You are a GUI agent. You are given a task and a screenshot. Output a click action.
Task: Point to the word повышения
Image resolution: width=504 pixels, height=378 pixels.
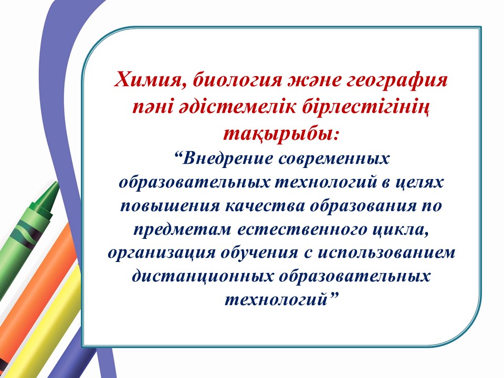pos(170,206)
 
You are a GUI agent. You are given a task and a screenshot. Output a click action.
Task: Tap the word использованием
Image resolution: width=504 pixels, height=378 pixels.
pos(387,253)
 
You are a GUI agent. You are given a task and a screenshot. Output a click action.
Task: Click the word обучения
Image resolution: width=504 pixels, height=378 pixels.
pos(259,253)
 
